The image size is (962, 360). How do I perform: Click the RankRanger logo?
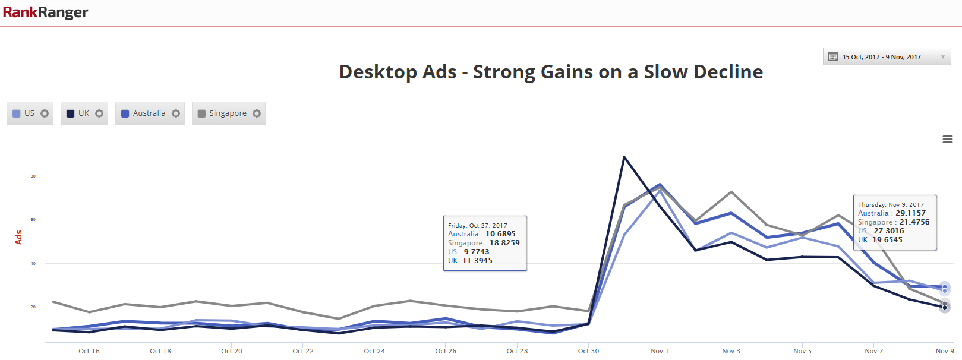click(45, 12)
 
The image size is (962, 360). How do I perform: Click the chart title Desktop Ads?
click(551, 72)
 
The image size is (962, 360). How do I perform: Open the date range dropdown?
click(887, 57)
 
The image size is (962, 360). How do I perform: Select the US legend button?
click(30, 113)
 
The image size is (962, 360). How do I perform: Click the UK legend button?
click(84, 113)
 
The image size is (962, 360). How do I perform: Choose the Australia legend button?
click(149, 113)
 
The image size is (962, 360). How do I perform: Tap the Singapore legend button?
click(228, 113)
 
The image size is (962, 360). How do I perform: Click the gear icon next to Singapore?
click(257, 113)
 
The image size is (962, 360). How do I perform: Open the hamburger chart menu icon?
click(948, 140)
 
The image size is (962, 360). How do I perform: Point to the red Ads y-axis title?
click(18, 238)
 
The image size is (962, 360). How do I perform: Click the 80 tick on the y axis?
click(33, 176)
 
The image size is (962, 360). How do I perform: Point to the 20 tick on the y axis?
click(33, 307)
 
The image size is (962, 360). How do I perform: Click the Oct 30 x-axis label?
click(588, 351)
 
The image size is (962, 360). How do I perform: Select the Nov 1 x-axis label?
click(660, 351)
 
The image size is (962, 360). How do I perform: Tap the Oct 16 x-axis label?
click(89, 351)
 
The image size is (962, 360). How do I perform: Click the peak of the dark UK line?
click(624, 157)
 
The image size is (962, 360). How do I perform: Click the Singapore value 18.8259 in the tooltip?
click(504, 243)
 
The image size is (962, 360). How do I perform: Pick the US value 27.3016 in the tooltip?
click(888, 231)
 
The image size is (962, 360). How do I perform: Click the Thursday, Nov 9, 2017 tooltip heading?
click(891, 204)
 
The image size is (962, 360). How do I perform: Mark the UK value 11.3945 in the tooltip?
click(477, 261)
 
